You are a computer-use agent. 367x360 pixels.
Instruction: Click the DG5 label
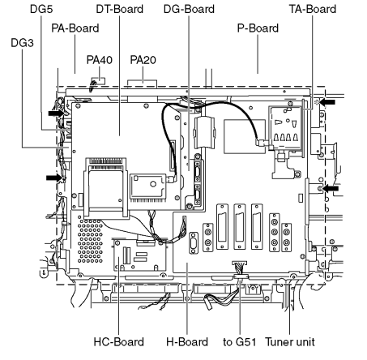click(x=41, y=9)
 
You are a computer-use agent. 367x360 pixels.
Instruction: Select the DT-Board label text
click(x=120, y=9)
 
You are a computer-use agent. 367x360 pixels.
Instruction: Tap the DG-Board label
click(x=189, y=9)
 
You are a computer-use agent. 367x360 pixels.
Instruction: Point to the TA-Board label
click(x=313, y=9)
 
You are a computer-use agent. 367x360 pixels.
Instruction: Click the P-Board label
click(x=258, y=28)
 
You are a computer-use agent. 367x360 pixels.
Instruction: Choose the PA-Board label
click(x=75, y=28)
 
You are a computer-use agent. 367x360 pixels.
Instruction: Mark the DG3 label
click(x=22, y=43)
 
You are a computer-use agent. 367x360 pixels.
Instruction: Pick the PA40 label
click(x=100, y=60)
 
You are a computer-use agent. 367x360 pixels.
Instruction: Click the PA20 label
click(x=143, y=60)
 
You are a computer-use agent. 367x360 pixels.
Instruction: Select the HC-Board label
click(x=119, y=342)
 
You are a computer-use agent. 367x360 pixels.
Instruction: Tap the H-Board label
click(x=187, y=342)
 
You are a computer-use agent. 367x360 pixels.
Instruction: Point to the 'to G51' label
click(x=240, y=342)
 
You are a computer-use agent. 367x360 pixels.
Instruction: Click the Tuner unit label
click(x=290, y=342)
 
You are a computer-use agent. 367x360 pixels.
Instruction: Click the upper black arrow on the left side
click(x=57, y=113)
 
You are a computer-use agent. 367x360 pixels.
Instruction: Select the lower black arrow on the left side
click(x=54, y=178)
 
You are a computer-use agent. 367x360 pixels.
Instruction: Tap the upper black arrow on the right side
click(x=327, y=102)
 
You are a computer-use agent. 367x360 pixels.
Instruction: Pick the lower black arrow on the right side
click(x=331, y=188)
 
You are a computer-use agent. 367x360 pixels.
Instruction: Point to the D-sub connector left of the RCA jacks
click(x=194, y=243)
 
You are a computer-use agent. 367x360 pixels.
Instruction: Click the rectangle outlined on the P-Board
click(x=245, y=136)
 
